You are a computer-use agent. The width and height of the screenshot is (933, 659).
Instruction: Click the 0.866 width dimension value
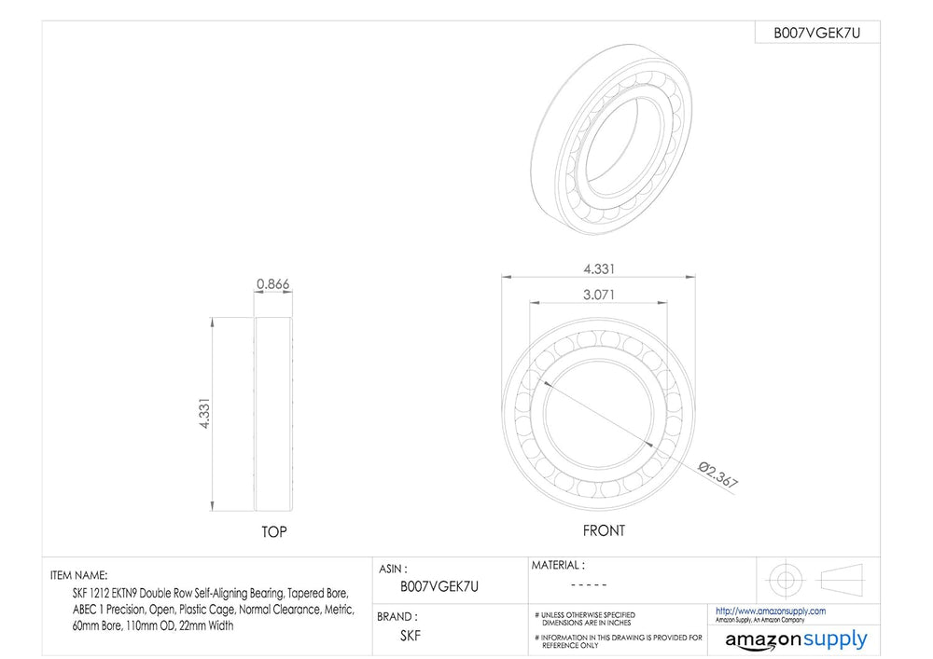pos(272,284)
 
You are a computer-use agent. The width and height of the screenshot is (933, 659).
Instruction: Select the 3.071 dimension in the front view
pos(599,295)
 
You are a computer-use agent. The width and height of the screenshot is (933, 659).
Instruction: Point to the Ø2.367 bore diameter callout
pos(718,474)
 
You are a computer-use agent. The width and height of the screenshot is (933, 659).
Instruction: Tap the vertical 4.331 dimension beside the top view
pos(204,413)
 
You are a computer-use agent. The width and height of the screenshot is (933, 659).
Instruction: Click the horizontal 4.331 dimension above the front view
pos(599,269)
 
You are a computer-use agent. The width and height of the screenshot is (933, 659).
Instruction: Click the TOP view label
pos(273,532)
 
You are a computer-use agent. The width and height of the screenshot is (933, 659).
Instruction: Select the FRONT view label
pos(604,530)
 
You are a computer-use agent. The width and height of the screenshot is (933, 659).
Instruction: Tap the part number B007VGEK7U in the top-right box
pos(816,34)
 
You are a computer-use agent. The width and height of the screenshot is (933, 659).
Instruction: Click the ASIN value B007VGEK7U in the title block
pos(439,587)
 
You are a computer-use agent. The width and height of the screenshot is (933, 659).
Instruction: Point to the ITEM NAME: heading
pos(79,575)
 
